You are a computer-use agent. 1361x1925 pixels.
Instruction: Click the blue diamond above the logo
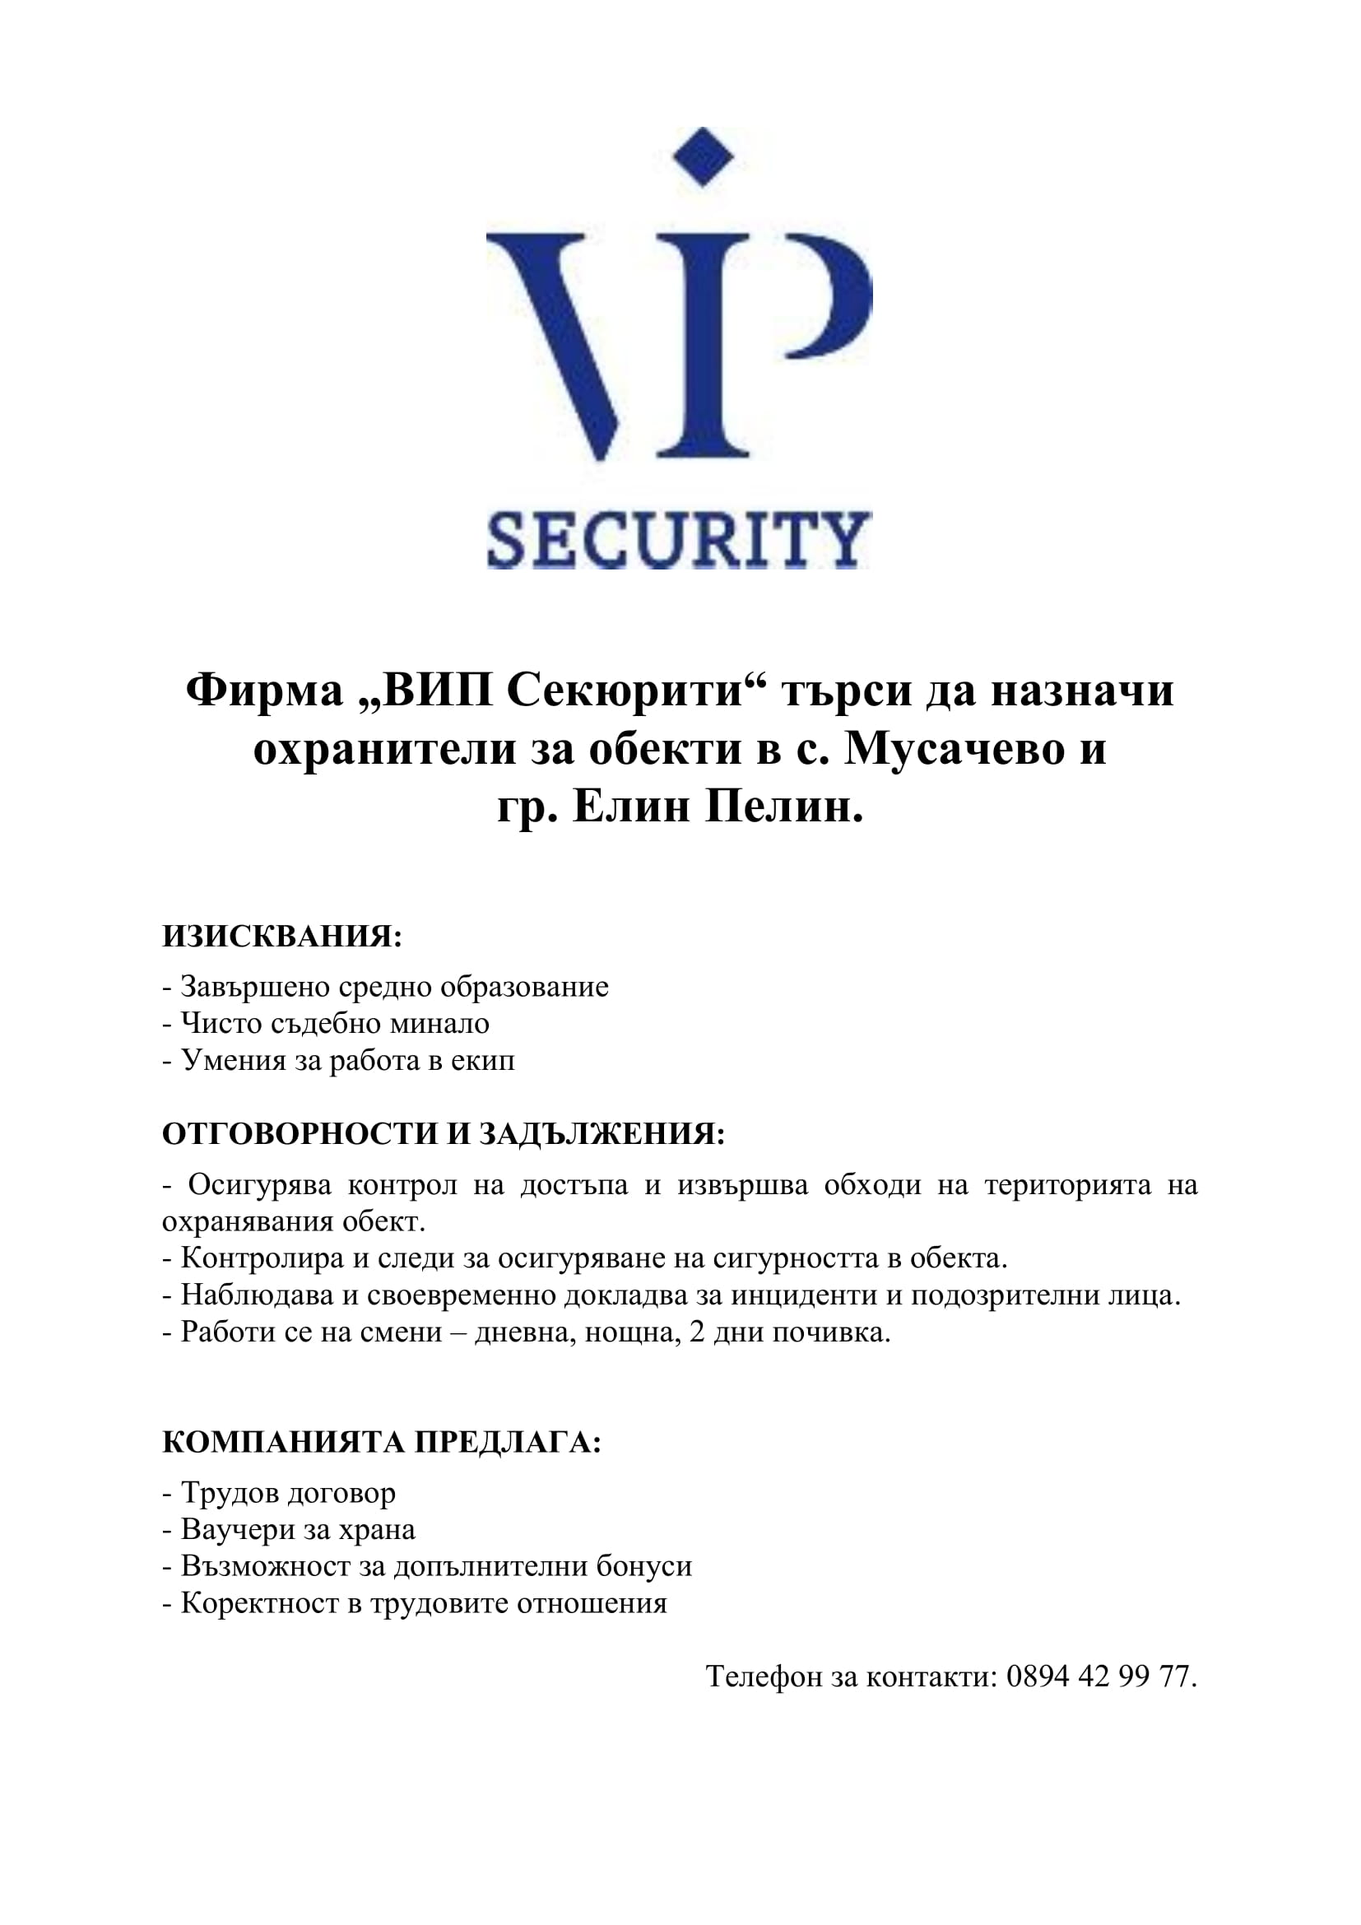[703, 157]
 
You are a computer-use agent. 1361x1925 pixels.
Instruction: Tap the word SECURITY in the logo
[679, 541]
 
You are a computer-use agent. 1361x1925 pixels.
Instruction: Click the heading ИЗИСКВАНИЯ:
[282, 937]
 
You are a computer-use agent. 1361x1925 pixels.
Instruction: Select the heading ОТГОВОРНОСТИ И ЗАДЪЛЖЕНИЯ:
[444, 1134]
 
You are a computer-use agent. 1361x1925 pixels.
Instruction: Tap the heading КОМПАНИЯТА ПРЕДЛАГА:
[381, 1442]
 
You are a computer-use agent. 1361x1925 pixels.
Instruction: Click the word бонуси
[643, 1566]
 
